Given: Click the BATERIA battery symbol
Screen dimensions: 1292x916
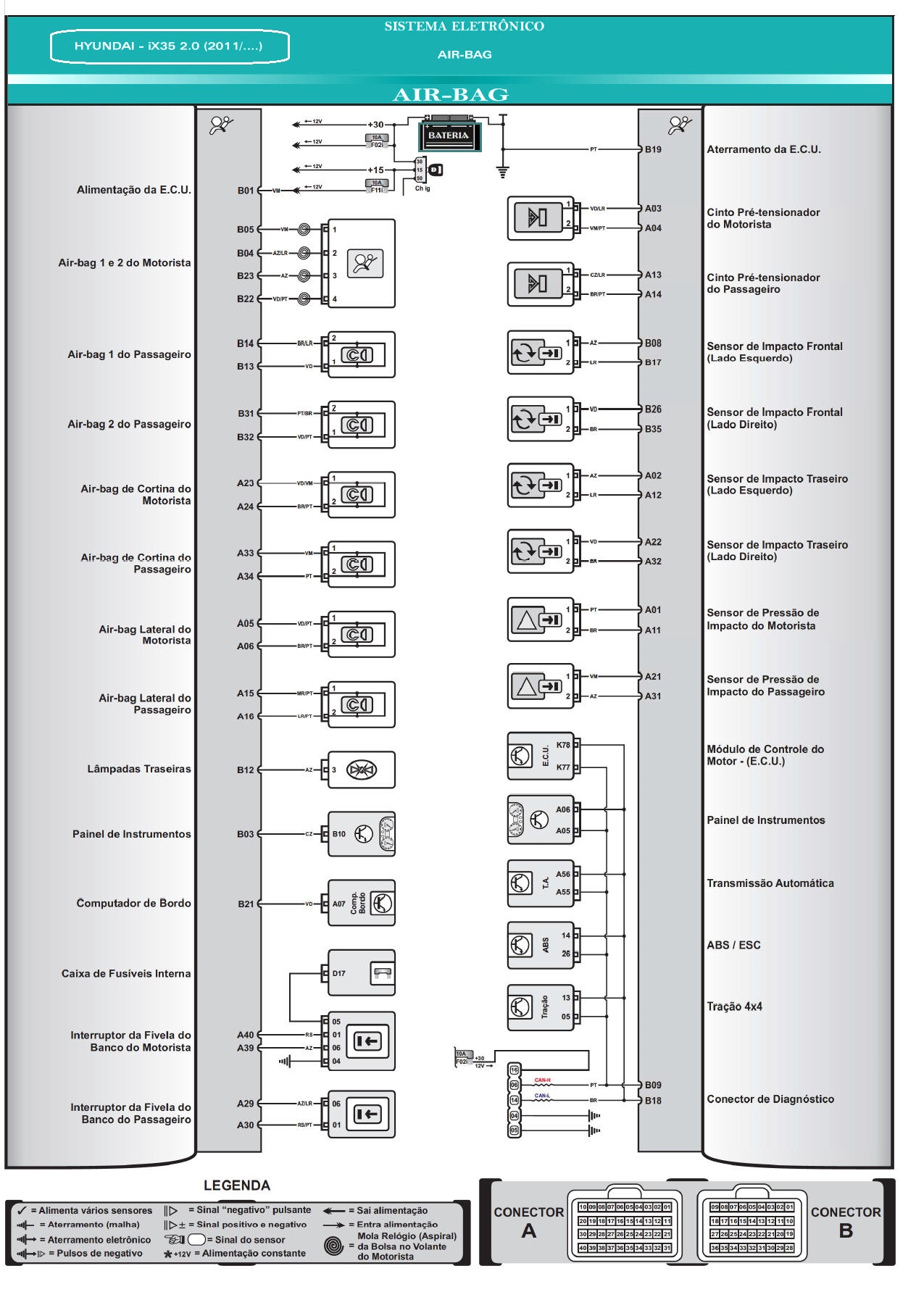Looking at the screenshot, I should pos(449,136).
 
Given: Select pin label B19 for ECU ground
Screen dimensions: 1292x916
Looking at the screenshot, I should pos(653,149).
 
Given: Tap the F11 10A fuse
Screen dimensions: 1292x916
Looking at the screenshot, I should pos(376,187).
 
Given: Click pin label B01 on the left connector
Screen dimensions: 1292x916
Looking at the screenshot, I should pos(246,191).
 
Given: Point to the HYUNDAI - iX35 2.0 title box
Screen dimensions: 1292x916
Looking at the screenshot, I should pos(169,46).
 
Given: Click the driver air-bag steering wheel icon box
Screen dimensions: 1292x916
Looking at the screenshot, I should pos(361,264).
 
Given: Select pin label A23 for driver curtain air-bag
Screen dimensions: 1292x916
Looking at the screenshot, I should pos(246,483).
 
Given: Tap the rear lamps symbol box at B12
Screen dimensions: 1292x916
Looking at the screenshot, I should pos(361,770).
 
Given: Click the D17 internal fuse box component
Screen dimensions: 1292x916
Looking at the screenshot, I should pos(361,973).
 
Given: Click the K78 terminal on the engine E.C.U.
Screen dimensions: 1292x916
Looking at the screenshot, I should pos(563,745).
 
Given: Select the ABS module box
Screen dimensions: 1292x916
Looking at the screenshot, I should pos(541,945).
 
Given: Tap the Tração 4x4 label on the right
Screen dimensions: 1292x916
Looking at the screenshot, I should pos(734,1006).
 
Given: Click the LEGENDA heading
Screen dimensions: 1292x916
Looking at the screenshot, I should pos(237,1185).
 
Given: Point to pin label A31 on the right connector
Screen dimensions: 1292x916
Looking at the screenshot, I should pos(653,696).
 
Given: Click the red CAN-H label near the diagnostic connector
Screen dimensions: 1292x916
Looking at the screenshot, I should pos(542,1080).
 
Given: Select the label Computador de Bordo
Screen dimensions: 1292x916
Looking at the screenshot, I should pos(133,903).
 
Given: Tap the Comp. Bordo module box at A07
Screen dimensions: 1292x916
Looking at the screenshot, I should pos(361,903).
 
